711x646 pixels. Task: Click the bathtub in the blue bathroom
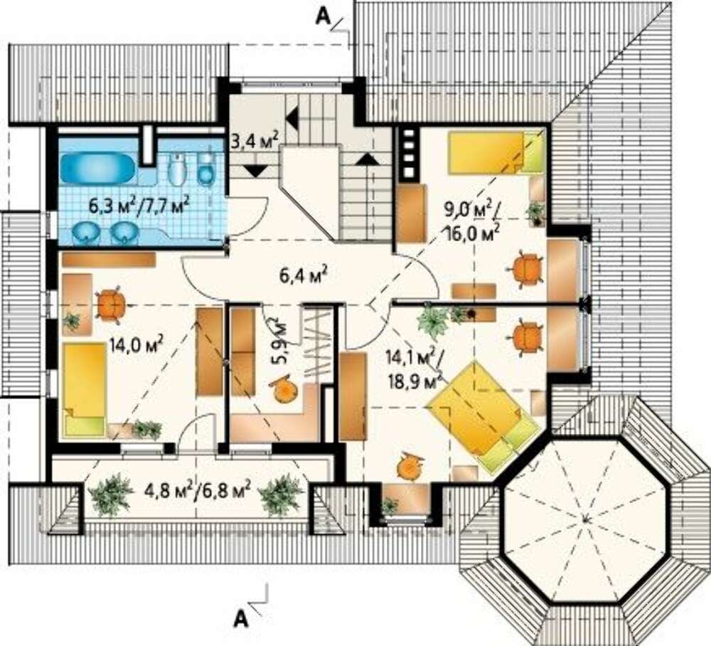[97, 168]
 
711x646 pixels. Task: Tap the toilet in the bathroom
[206, 169]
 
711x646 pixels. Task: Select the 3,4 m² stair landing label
[255, 140]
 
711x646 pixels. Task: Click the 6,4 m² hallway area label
[304, 275]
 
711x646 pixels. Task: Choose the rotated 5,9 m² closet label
[279, 340]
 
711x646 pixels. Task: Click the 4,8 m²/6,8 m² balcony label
[197, 490]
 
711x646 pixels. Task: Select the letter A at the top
[321, 16]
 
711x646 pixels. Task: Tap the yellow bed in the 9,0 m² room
[496, 153]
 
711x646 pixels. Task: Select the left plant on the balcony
[110, 495]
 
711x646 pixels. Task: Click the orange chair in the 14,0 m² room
[111, 305]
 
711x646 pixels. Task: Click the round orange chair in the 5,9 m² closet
[284, 388]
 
